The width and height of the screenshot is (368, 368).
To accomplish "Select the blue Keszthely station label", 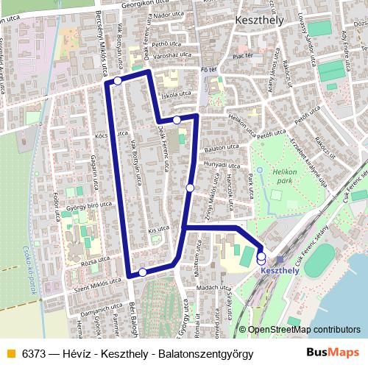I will tap(280, 270).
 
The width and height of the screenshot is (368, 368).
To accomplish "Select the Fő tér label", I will tap(208, 69).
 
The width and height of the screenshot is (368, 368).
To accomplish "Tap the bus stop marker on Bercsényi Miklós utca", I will tap(118, 82).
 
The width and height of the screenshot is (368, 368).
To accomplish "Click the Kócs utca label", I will tap(103, 136).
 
